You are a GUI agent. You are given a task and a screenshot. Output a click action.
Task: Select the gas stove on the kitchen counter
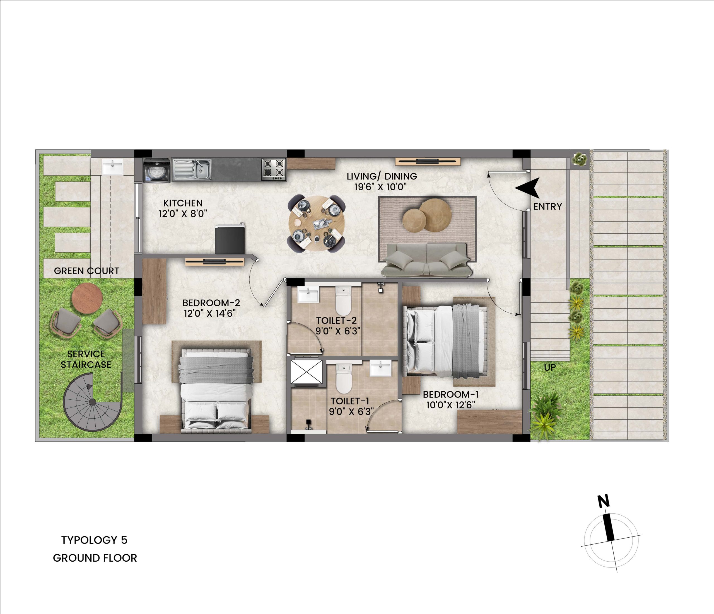274,169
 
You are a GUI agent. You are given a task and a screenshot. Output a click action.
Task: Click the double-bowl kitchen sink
192,169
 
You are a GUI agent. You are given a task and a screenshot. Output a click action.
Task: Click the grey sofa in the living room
426,260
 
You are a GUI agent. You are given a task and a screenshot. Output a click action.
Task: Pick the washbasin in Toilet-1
380,368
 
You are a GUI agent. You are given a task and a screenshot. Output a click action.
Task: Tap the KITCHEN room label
183,203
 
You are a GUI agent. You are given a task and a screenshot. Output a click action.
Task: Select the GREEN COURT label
86,271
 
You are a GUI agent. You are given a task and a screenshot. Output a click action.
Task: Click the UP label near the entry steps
550,367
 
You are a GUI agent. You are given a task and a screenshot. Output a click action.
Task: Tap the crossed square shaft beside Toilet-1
307,372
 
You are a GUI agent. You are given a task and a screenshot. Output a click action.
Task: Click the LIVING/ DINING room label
382,176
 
